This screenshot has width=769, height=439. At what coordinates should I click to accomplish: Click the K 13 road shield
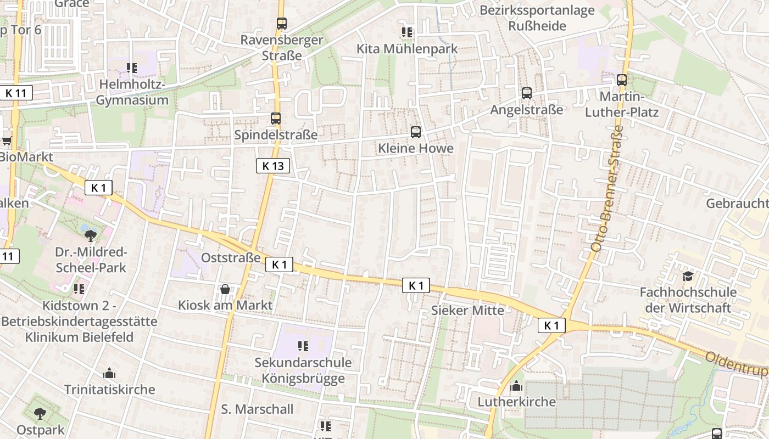point(272,166)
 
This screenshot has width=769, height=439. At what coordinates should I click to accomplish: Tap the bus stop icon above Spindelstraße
point(276,118)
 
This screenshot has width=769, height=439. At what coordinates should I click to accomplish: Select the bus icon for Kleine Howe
point(416,132)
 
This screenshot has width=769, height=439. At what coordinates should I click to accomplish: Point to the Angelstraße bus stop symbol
point(527,93)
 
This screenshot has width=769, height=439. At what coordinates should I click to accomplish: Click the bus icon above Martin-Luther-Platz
point(622,80)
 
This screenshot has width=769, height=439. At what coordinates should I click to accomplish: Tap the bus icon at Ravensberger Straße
point(282,23)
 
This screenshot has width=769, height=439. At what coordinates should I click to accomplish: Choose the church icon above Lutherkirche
point(516,386)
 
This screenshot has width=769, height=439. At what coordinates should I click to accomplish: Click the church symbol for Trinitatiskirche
point(109,374)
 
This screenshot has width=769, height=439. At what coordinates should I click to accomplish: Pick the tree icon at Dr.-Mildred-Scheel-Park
point(91,236)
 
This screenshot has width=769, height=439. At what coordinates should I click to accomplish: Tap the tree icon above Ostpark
point(40,413)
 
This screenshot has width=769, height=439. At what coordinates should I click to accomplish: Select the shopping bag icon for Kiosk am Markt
point(225,289)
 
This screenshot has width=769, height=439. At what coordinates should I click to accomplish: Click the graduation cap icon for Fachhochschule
point(688,276)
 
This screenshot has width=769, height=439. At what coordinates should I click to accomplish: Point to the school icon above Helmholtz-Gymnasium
point(132,68)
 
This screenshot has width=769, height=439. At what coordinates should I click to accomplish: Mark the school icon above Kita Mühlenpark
point(406,32)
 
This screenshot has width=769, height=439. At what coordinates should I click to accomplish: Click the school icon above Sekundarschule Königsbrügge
point(303,346)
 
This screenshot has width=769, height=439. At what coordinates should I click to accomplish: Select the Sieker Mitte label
point(467,310)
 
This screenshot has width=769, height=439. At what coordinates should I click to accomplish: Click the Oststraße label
point(231,257)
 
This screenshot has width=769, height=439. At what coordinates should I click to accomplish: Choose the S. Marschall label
point(257,409)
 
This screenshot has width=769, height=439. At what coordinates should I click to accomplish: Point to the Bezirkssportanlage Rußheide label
point(537,18)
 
